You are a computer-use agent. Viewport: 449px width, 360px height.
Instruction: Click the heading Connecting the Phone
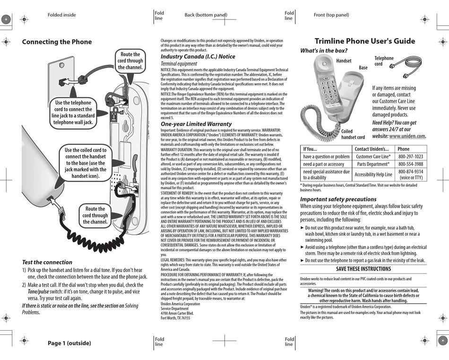tap(57, 42)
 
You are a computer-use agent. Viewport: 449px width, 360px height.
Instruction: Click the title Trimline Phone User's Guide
tap(365, 41)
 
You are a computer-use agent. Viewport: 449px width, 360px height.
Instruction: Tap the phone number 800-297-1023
tap(410, 156)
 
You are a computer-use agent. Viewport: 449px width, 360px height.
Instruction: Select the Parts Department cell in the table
tap(373, 164)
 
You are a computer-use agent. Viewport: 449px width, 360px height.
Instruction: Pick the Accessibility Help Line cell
tap(373, 175)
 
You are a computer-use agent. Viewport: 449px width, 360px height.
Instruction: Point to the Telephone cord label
tap(384, 61)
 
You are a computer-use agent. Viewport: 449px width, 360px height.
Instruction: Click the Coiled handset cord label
tap(353, 134)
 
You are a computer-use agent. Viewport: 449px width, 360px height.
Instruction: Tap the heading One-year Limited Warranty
tap(196, 124)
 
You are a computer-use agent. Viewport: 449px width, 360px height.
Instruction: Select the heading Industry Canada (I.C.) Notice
tap(198, 56)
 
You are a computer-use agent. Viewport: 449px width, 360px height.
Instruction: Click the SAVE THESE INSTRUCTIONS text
tap(363, 269)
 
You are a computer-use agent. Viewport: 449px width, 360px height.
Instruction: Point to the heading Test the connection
tap(47, 262)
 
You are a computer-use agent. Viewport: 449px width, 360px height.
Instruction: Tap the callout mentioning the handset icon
tap(86, 163)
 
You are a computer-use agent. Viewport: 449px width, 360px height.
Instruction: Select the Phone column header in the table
tap(404, 149)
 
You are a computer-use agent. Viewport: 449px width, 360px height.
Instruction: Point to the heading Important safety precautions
tap(345, 199)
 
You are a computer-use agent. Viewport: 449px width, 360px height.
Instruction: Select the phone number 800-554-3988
tap(410, 164)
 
